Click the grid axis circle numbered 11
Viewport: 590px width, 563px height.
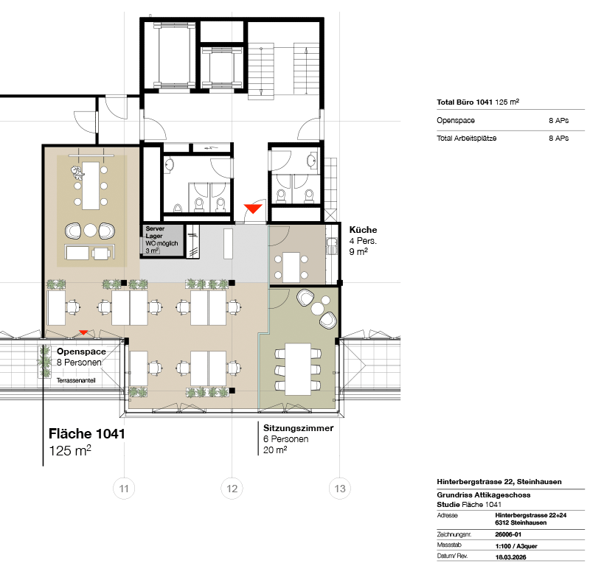pos(124,488)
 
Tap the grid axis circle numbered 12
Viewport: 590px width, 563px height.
pos(232,488)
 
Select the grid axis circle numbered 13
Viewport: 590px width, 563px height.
pos(340,488)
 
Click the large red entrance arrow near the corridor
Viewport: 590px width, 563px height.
pos(253,209)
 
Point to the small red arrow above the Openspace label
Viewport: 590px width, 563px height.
pos(83,332)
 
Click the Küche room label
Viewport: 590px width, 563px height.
pos(363,230)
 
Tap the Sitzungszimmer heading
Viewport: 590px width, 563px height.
pos(299,428)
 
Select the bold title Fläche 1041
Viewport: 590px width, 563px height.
pos(86,433)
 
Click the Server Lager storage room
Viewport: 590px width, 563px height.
pos(162,240)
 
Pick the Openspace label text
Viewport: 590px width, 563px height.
pos(81,352)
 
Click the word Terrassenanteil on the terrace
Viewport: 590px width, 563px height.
pos(76,380)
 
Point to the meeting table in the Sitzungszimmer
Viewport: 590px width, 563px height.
pos(298,369)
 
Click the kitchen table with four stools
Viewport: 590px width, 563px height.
pos(291,267)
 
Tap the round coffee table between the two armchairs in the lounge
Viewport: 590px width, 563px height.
pos(90,230)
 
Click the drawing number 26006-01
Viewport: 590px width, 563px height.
pos(508,534)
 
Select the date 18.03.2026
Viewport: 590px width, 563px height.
pos(510,557)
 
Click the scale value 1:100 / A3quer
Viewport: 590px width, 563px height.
pos(516,546)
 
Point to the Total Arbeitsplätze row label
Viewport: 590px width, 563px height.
pos(467,139)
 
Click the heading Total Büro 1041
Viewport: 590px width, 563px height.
pos(465,102)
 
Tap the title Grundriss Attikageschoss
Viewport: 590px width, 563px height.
pos(484,495)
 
